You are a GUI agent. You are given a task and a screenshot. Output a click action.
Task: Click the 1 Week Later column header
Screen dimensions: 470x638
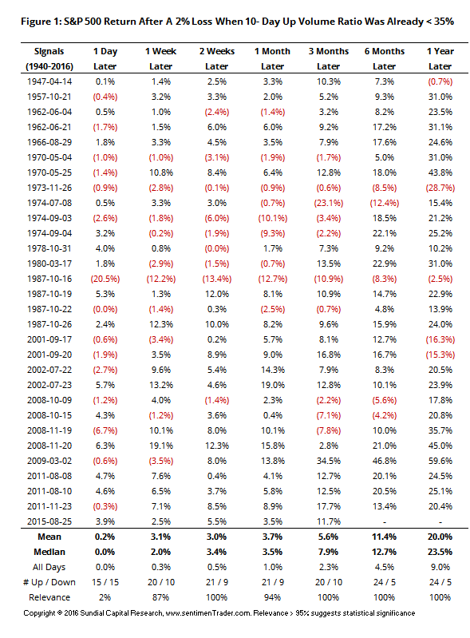click(160, 58)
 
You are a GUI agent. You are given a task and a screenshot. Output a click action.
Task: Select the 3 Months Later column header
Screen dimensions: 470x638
click(329, 58)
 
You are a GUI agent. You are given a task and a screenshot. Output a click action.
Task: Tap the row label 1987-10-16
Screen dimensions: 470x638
click(49, 279)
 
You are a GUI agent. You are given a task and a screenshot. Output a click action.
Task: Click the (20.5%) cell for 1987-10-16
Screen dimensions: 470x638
click(105, 279)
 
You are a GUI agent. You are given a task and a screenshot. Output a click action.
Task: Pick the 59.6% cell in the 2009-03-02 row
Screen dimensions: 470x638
click(440, 461)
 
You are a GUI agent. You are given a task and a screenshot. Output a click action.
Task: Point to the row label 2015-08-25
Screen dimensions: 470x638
click(49, 521)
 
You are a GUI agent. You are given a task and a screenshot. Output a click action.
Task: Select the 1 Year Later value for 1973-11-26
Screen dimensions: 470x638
click(440, 188)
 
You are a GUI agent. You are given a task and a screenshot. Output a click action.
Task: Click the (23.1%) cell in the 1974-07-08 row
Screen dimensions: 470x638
click(329, 203)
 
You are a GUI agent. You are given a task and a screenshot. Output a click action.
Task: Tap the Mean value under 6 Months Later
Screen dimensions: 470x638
click(384, 537)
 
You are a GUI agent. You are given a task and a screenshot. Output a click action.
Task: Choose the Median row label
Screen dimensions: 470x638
click(49, 552)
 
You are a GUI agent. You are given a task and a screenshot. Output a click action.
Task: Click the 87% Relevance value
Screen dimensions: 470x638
click(160, 597)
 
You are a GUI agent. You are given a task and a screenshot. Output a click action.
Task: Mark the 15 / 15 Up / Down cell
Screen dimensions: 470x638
click(105, 582)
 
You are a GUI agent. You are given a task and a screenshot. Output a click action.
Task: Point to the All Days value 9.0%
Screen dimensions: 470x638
click(440, 567)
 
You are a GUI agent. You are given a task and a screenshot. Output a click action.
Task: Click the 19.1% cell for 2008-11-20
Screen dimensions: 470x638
click(160, 446)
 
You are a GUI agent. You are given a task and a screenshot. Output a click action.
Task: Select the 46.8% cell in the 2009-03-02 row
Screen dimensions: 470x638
click(384, 461)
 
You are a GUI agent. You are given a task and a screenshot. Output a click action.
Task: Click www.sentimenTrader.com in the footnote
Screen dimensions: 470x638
click(208, 613)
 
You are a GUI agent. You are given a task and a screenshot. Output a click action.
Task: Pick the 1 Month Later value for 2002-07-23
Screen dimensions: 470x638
click(272, 385)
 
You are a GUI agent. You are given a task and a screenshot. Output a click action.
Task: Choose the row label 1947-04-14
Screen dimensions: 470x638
click(49, 81)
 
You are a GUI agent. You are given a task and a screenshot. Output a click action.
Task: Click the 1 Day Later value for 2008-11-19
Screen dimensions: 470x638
click(105, 430)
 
